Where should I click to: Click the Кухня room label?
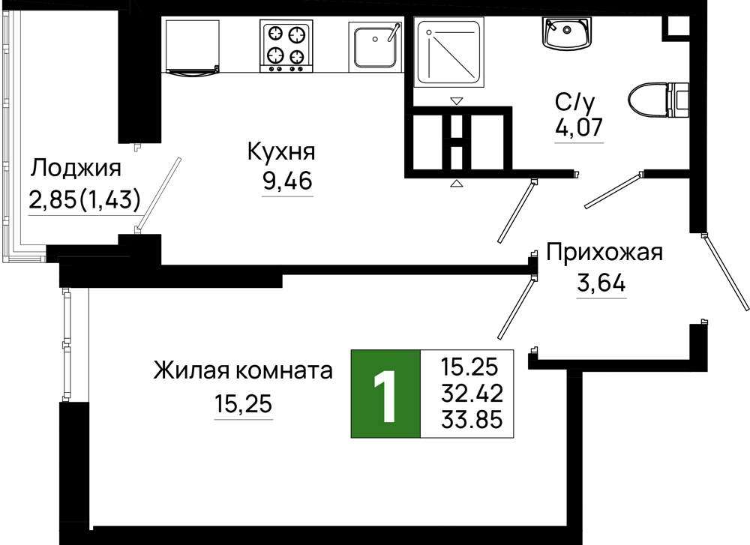[x=281, y=152]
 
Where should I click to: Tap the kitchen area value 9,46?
[x=287, y=180]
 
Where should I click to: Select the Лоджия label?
[x=76, y=168]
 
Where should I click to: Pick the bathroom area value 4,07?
[x=578, y=127]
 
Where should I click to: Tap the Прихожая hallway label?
[x=604, y=252]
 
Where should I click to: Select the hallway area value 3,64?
[x=601, y=283]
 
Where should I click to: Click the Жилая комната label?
[x=243, y=370]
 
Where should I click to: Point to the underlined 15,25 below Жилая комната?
[x=244, y=405]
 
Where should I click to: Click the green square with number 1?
[x=385, y=394]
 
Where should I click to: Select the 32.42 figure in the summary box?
[x=472, y=394]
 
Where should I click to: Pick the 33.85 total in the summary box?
[x=472, y=420]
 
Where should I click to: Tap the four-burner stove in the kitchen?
[x=286, y=46]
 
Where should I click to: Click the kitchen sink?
[x=374, y=46]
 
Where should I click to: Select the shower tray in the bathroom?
[x=449, y=52]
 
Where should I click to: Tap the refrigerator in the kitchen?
[x=193, y=46]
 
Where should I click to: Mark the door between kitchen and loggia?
[x=158, y=194]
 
